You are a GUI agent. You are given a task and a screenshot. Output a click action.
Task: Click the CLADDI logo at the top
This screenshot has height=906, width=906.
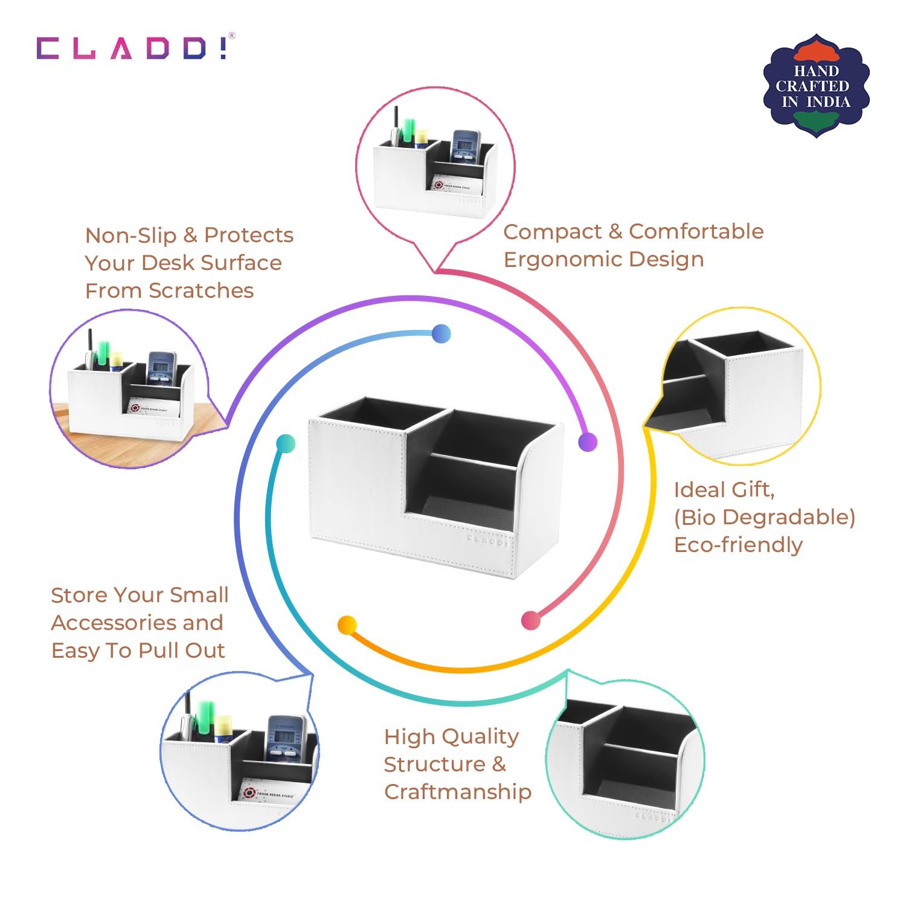click(132, 48)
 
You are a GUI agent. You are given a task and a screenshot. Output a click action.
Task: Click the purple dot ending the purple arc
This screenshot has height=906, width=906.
click(587, 442)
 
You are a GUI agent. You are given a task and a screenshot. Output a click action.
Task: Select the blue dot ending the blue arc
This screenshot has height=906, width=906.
click(441, 333)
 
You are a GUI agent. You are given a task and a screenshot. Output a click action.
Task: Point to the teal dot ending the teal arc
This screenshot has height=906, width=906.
click(286, 444)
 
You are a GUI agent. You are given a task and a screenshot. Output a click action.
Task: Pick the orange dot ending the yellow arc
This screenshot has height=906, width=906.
click(347, 625)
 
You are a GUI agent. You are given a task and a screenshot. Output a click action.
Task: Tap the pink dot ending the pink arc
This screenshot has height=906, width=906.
click(530, 620)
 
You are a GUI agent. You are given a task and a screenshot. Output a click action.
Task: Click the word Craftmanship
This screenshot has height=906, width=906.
click(457, 792)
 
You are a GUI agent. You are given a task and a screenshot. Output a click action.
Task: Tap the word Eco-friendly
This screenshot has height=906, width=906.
click(737, 545)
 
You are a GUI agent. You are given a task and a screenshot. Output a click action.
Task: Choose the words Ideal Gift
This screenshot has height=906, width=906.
click(724, 490)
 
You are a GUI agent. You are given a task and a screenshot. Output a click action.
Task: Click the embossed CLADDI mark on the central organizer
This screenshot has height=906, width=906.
click(487, 539)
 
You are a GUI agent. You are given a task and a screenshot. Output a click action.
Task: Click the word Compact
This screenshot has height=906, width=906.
click(552, 232)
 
